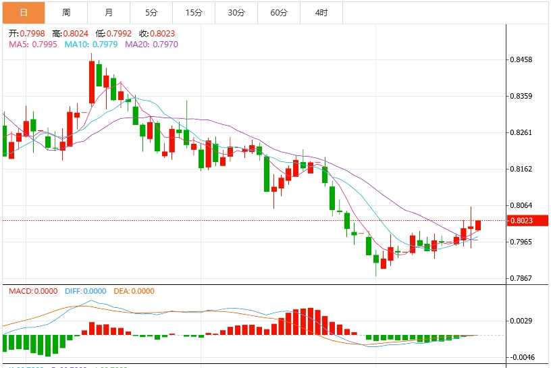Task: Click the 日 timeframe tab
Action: pyautogui.click(x=24, y=12)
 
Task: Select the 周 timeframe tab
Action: pyautogui.click(x=66, y=12)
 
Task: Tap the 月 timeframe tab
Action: pyautogui.click(x=109, y=12)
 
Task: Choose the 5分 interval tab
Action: pyautogui.click(x=151, y=12)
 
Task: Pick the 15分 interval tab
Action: pyautogui.click(x=194, y=12)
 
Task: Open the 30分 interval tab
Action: pyautogui.click(x=236, y=12)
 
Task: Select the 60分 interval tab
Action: pyautogui.click(x=278, y=12)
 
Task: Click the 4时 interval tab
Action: pyautogui.click(x=321, y=12)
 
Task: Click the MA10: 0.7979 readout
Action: pyautogui.click(x=91, y=44)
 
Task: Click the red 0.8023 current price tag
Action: pyautogui.click(x=529, y=220)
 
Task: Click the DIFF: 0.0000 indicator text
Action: pyautogui.click(x=85, y=291)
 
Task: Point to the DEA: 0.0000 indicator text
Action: pyautogui.click(x=134, y=291)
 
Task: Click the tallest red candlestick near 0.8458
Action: pyautogui.click(x=92, y=82)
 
